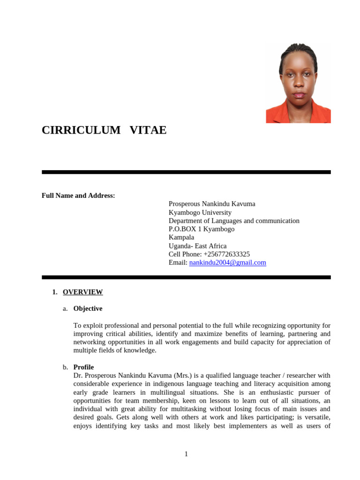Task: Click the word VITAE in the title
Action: [148, 130]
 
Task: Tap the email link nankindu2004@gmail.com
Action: [227, 262]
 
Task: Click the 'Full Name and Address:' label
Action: [78, 195]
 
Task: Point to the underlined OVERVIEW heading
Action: [82, 292]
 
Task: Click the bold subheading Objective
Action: [88, 308]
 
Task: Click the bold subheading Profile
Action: [83, 367]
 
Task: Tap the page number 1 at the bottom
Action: [186, 454]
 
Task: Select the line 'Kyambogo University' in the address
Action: [200, 212]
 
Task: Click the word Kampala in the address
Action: [181, 237]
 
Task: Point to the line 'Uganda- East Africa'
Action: [197, 246]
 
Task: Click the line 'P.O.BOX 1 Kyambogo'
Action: [202, 229]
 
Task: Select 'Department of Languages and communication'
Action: [234, 221]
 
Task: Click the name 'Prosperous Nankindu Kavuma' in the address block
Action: [212, 204]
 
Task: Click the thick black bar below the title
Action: [186, 172]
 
